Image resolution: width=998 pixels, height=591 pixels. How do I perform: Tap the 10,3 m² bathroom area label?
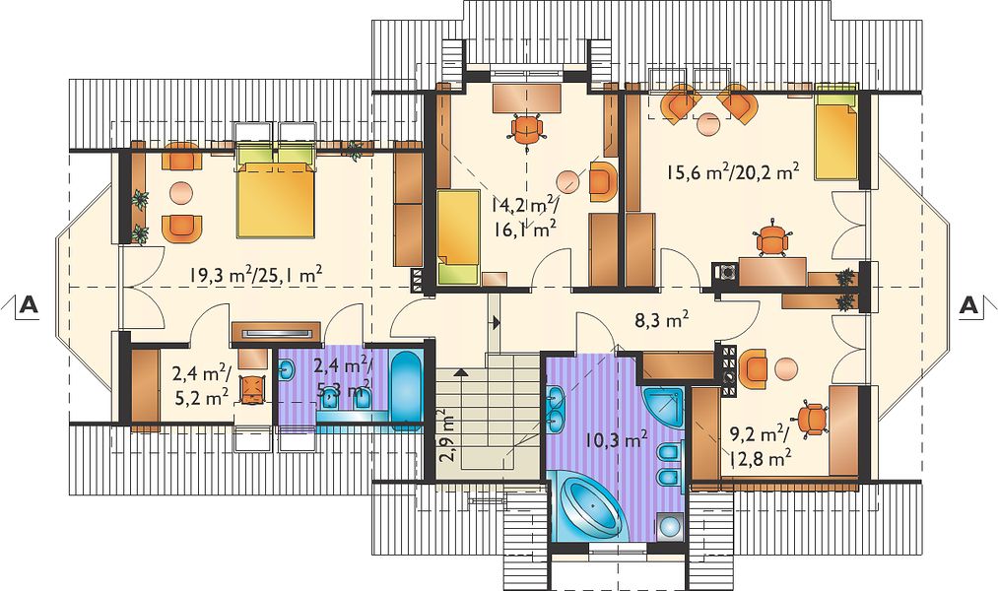point(617,438)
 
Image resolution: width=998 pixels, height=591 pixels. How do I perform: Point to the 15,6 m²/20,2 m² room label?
point(732,171)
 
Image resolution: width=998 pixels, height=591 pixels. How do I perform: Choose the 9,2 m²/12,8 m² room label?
point(760,446)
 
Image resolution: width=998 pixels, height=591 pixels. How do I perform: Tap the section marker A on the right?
point(968,305)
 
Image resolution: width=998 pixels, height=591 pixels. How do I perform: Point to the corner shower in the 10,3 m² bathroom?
point(663,408)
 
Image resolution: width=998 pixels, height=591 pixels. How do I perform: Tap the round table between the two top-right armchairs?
point(708,123)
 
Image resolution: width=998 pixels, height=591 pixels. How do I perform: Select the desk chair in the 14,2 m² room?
point(527,129)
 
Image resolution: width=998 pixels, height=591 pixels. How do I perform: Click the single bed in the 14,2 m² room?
point(458,236)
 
